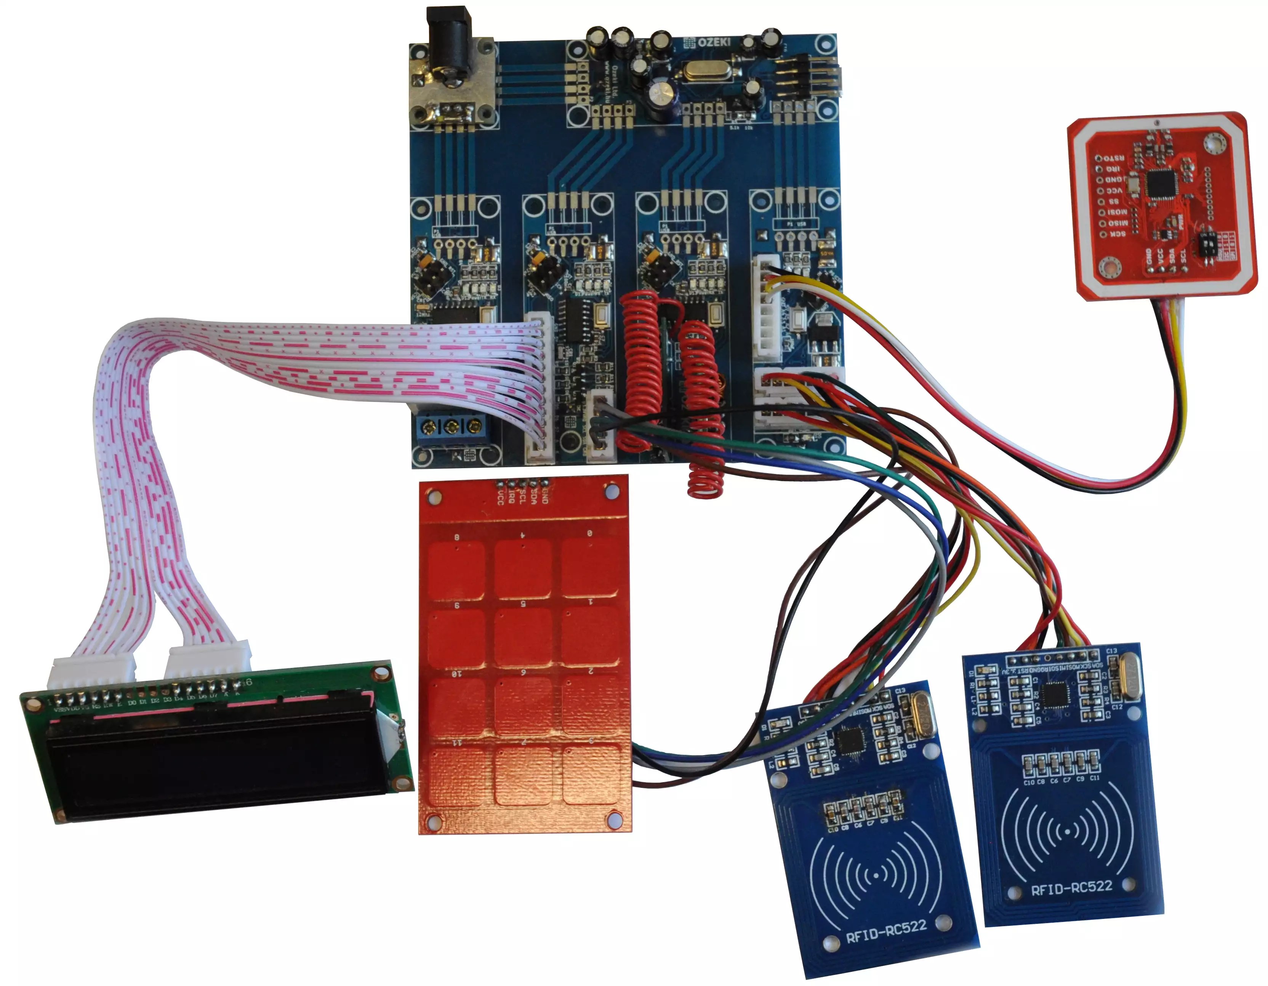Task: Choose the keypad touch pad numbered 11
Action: coord(457,776)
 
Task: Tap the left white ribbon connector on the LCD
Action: coord(93,674)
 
